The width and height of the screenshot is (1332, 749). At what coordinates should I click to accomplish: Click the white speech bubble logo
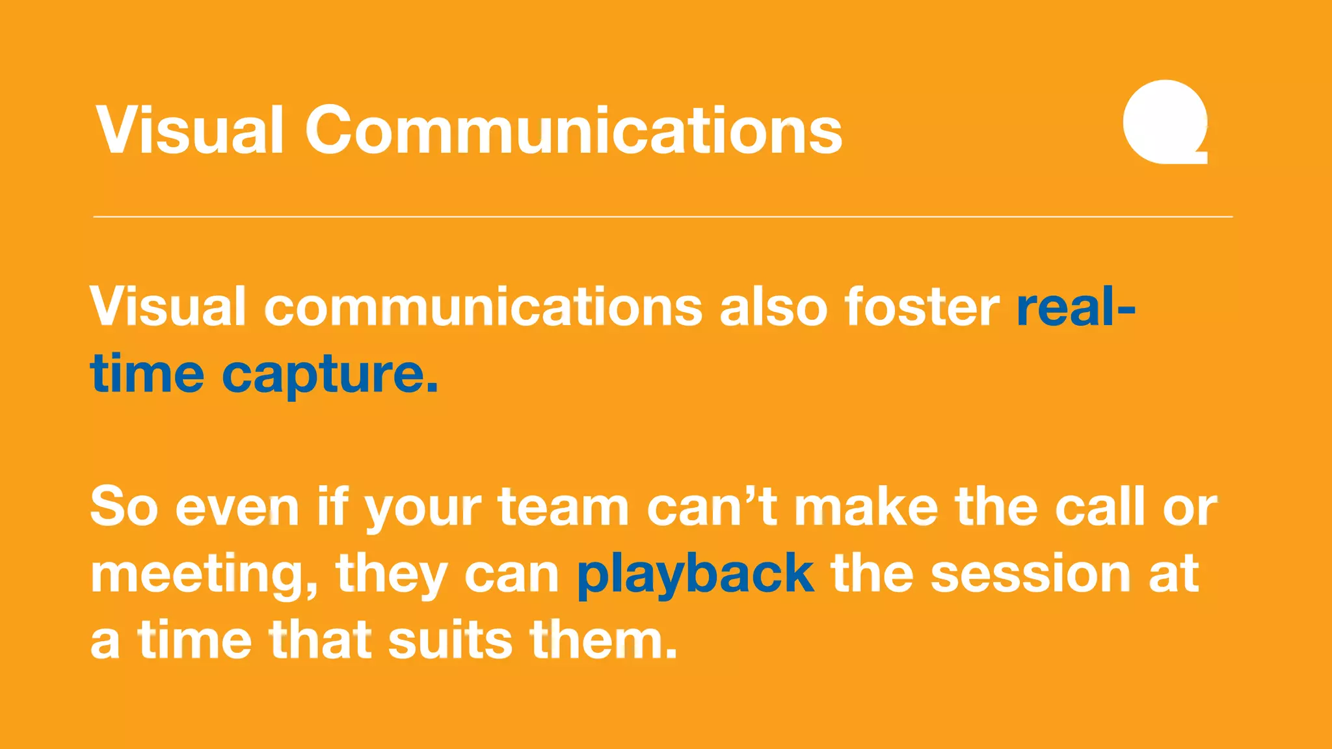pos(1164,122)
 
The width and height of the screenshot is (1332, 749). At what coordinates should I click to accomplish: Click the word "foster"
pos(922,307)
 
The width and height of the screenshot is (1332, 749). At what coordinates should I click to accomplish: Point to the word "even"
pos(237,508)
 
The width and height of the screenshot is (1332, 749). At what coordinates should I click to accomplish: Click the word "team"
pos(563,508)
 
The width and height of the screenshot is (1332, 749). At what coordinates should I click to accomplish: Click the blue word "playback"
pos(695,575)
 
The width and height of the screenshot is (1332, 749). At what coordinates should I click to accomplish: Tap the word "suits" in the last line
pos(451,640)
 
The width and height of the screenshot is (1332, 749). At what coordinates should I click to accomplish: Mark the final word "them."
pos(604,640)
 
